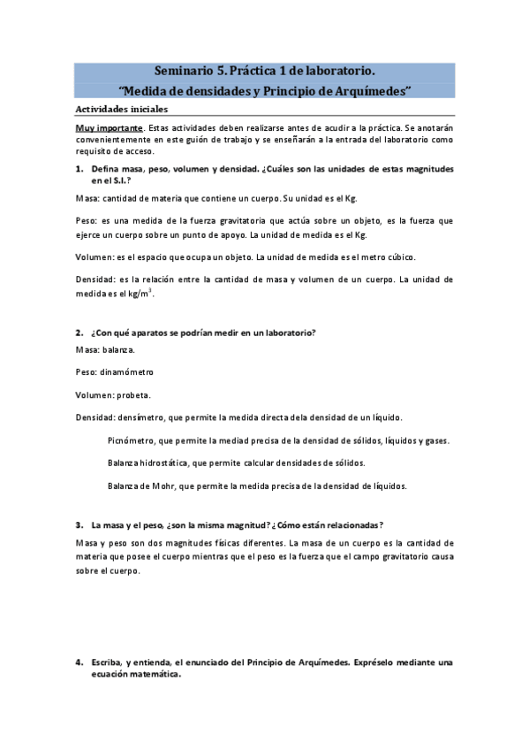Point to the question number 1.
(79, 168)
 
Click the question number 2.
(79, 333)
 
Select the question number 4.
(79, 662)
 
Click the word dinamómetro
(128, 371)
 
